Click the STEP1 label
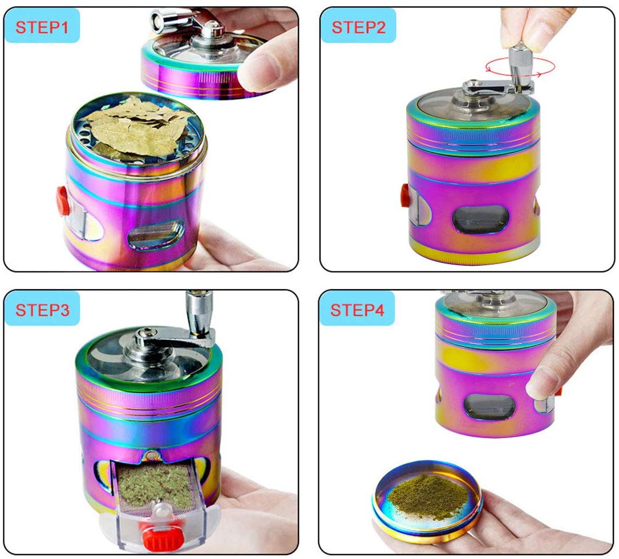coord(42,27)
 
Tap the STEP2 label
coord(358,27)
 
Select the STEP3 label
coord(42,310)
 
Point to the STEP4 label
coord(357,310)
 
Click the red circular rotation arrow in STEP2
coord(520,66)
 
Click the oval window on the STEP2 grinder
coord(480,219)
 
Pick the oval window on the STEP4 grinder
coord(489,406)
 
